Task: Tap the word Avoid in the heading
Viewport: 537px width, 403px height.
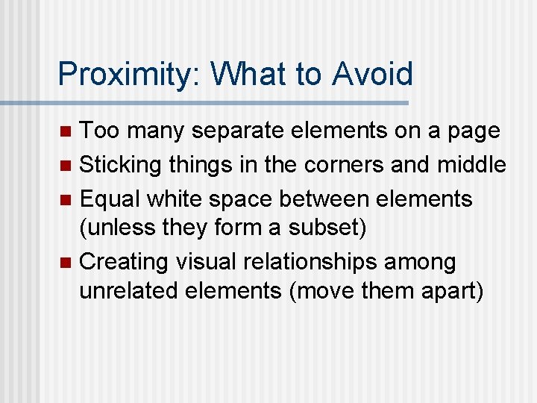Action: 373,74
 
